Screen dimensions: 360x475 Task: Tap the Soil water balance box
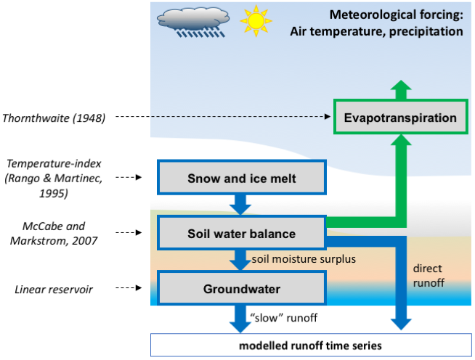click(x=242, y=234)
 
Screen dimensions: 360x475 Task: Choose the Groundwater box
click(x=242, y=289)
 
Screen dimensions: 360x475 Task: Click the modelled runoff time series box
click(x=312, y=344)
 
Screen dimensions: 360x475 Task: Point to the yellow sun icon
click(x=255, y=21)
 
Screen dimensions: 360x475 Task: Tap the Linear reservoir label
click(x=57, y=290)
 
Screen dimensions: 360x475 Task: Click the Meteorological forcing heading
click(x=375, y=23)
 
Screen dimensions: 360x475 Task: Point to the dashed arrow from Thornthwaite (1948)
click(x=218, y=117)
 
